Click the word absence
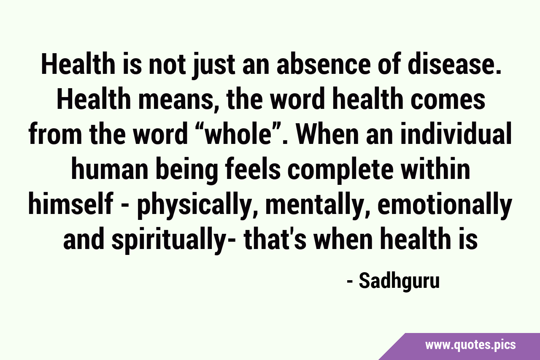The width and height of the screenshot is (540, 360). click(x=323, y=65)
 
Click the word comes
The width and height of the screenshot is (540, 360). click(x=448, y=100)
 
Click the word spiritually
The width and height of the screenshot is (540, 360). click(x=168, y=240)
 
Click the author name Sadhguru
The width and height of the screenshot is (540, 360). click(x=400, y=282)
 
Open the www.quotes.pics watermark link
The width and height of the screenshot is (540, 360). click(x=470, y=345)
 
